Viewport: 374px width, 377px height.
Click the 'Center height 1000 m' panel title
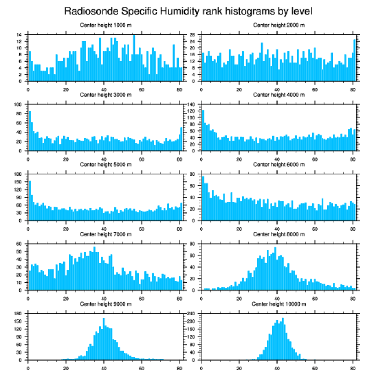(x=105, y=25)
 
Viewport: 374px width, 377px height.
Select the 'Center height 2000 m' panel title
(x=279, y=25)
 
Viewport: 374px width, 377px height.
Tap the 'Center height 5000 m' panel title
(x=105, y=164)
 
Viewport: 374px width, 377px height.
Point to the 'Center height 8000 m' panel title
(x=279, y=234)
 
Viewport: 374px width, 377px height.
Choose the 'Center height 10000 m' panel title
(x=279, y=304)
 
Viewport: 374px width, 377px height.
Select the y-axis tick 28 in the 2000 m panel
(x=192, y=34)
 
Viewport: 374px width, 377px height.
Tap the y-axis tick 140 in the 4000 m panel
(x=191, y=104)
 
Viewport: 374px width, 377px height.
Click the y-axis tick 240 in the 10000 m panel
(x=191, y=313)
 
